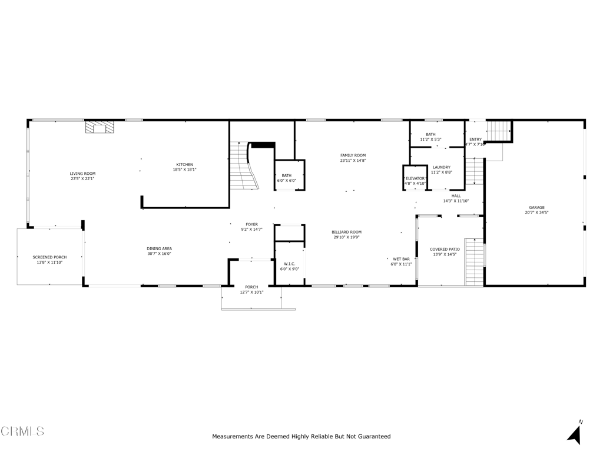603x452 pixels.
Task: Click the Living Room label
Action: point(82,174)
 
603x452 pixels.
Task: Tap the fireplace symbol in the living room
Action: point(99,127)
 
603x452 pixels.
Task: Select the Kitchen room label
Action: point(184,165)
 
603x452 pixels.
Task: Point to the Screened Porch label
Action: point(49,257)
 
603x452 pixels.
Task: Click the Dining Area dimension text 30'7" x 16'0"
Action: point(159,255)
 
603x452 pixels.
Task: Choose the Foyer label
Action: point(251,224)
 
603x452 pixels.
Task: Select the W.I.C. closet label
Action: point(289,264)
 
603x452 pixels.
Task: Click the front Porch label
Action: point(251,287)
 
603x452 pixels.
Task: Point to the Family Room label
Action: point(353,155)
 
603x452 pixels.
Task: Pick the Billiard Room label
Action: point(346,232)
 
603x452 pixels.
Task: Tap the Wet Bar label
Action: point(401,259)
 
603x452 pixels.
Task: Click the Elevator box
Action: point(415,178)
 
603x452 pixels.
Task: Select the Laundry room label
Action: point(441,167)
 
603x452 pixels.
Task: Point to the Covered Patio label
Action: point(445,249)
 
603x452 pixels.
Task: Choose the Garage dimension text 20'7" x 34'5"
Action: point(536,213)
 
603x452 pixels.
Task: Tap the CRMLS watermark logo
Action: point(22,431)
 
